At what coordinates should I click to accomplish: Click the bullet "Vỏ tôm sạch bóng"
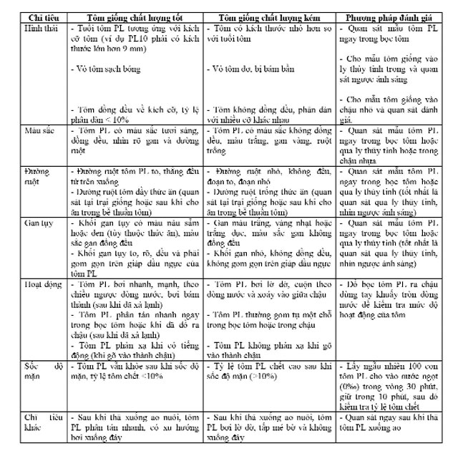pyautogui.click(x=107, y=69)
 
